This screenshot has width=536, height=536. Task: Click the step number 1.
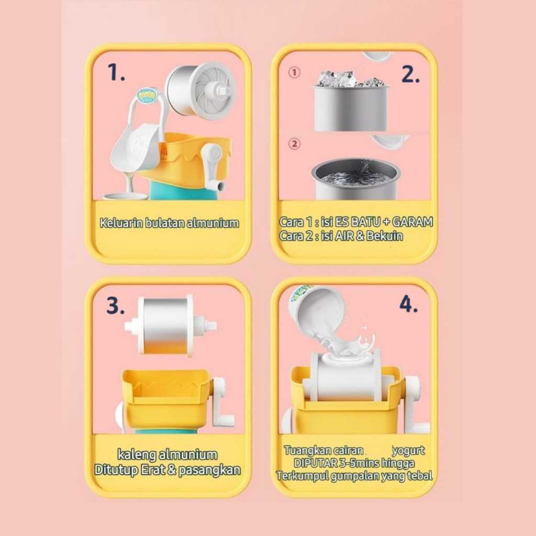(116, 72)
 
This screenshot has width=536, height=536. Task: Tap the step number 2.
(410, 74)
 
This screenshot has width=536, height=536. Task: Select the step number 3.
(115, 305)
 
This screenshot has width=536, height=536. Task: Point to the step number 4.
(408, 304)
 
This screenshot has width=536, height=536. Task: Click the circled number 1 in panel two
(294, 72)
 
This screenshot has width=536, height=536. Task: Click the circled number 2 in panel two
(294, 143)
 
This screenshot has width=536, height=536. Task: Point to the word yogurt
(408, 451)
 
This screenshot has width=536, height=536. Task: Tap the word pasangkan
(209, 470)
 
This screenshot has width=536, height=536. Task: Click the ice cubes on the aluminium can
(352, 79)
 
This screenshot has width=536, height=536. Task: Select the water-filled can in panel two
(355, 179)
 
